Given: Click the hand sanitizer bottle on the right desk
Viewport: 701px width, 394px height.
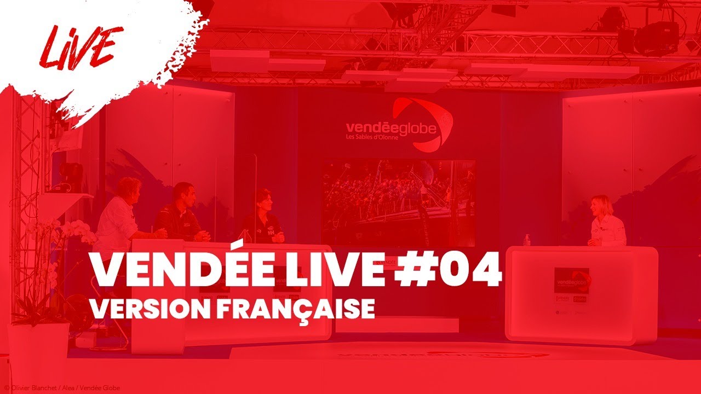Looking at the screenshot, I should point(526,239).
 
